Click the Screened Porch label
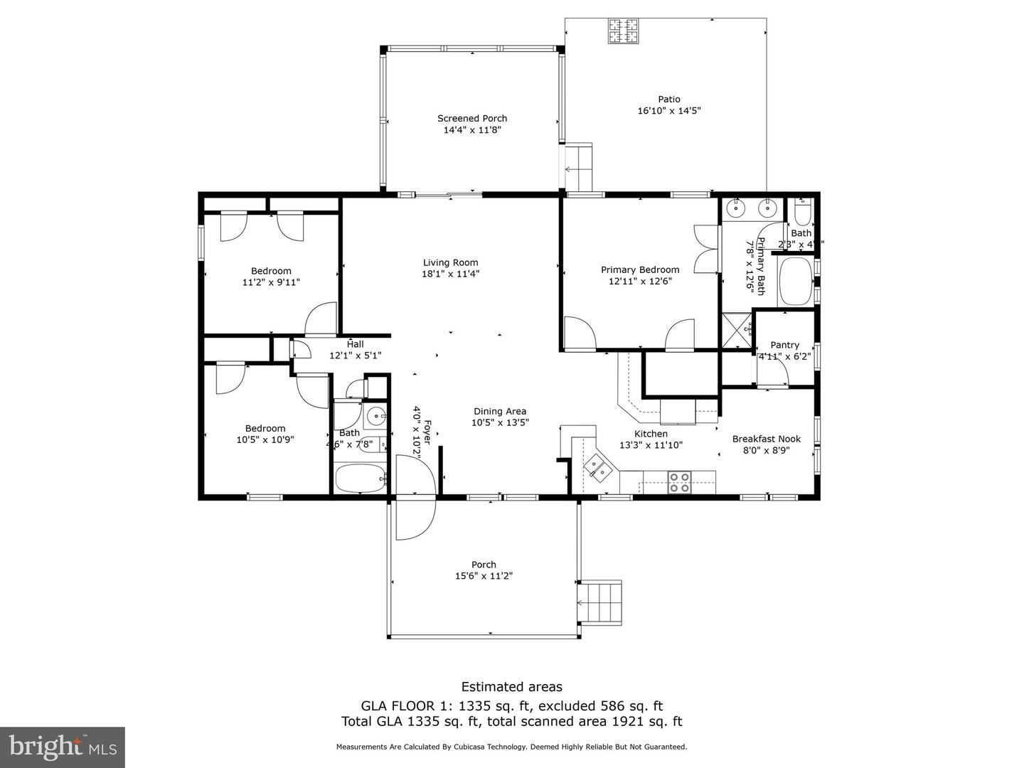(472, 119)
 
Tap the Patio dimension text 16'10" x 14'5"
(669, 111)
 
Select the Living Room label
(451, 262)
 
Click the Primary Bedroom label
(640, 270)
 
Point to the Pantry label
(784, 345)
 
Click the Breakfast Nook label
(767, 439)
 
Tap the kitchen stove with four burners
(679, 483)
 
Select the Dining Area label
(500, 411)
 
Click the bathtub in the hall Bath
(360, 479)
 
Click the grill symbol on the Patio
(624, 31)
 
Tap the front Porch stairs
(602, 602)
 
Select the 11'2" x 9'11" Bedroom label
(271, 271)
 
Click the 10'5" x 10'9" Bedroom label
(265, 428)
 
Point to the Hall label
(356, 344)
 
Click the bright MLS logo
(63, 747)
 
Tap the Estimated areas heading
(511, 686)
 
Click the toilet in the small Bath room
(801, 213)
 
